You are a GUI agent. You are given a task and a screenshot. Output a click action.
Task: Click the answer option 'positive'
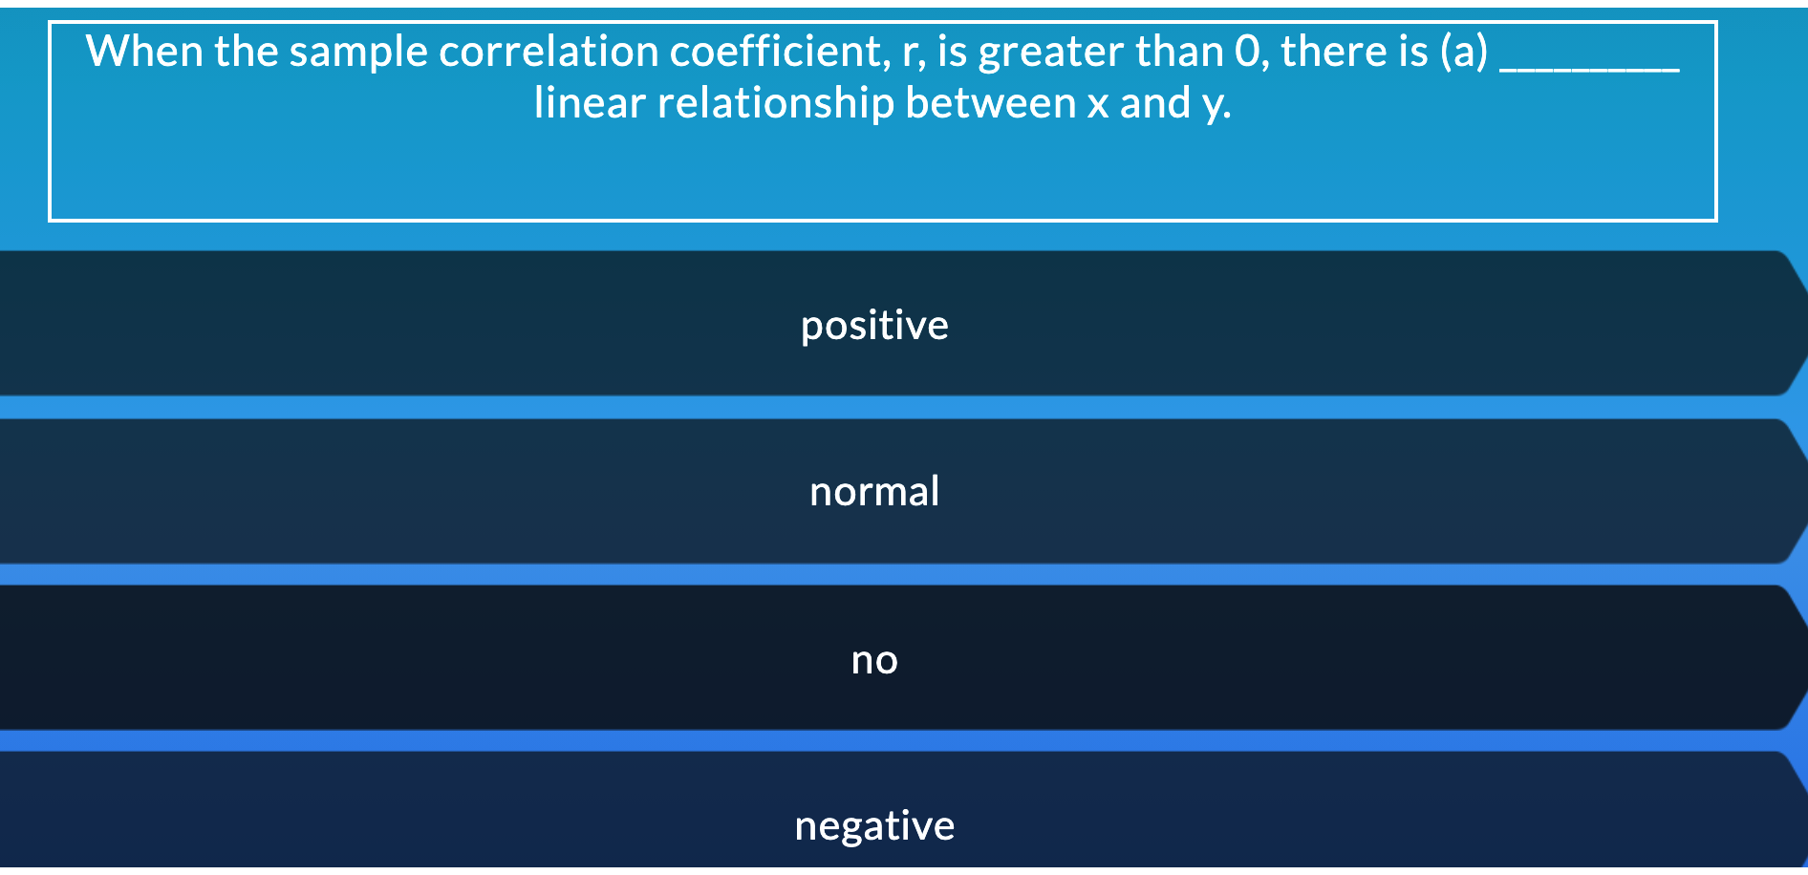[x=874, y=326]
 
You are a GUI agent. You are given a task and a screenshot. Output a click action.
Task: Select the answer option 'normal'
[x=874, y=492]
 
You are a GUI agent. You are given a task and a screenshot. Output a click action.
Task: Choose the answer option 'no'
[x=874, y=660]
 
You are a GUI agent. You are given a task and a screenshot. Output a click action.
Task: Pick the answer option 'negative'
[x=874, y=826]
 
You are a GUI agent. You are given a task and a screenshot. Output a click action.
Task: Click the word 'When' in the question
[x=143, y=52]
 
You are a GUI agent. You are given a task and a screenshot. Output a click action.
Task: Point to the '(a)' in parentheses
[x=1464, y=53]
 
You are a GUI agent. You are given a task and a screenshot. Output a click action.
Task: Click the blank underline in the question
[x=1589, y=69]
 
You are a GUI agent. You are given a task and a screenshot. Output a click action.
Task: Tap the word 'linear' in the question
[x=590, y=103]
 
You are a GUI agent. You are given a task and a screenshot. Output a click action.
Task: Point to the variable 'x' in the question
[x=1098, y=108]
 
